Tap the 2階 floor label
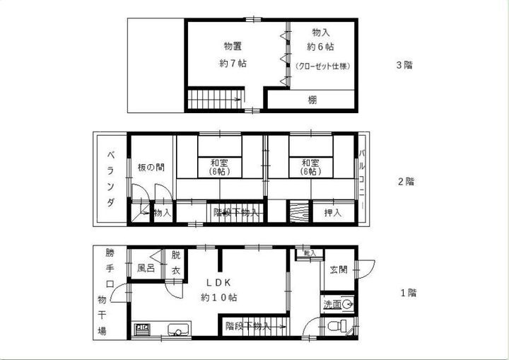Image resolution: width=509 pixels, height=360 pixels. point(404,180)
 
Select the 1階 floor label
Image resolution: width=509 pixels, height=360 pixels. point(406,292)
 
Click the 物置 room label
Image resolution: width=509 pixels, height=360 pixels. point(233,47)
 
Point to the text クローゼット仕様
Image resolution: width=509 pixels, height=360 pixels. point(322,66)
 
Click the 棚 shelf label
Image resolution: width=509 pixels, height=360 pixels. point(312,100)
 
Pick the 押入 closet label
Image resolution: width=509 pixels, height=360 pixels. point(332,211)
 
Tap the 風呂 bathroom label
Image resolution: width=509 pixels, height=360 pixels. point(146,269)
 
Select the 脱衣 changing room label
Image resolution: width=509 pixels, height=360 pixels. point(176,264)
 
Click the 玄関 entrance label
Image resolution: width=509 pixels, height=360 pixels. point(337,269)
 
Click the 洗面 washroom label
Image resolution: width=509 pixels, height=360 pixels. point(332,305)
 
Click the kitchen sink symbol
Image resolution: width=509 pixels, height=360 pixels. point(179,329)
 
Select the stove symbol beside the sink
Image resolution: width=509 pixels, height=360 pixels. point(142,329)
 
